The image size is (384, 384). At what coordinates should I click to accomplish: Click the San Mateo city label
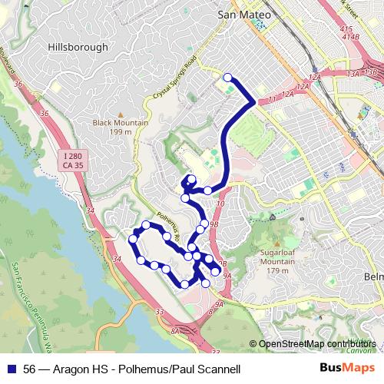pyautogui.click(x=244, y=14)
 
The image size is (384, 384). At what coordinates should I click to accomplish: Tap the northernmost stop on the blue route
pyautogui.click(x=227, y=77)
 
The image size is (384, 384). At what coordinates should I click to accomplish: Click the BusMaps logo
pyautogui.click(x=347, y=369)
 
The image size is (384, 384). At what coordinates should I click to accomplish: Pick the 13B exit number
pyautogui.click(x=371, y=71)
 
